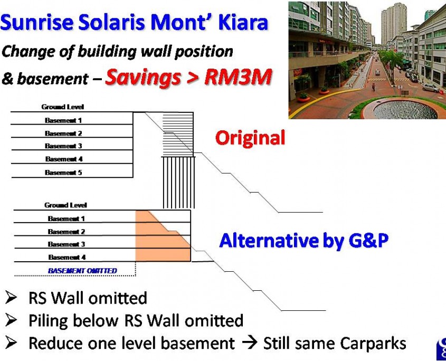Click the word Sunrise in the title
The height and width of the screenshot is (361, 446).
37,22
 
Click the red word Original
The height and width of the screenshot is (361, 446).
250,138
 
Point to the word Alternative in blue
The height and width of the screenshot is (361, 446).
269,240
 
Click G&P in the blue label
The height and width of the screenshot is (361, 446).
368,240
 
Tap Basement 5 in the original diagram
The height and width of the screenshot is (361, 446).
63,173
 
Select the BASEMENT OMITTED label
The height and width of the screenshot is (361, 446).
82,271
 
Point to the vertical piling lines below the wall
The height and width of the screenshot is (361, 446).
179,183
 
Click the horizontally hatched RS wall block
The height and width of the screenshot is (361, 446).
178,134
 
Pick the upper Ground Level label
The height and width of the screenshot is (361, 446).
63,107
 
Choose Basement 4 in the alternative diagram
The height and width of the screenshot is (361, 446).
67,257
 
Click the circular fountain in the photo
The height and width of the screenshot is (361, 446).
405,109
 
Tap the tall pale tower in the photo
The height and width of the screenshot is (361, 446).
393,24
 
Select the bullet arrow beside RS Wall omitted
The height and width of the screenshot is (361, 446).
11,298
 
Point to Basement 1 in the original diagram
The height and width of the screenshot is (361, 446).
63,120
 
